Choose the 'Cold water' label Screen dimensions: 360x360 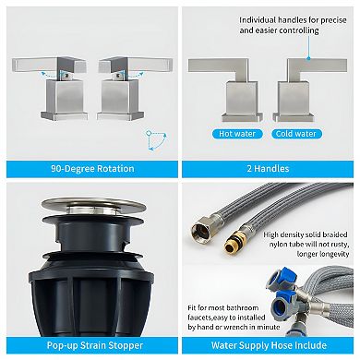click(294, 134)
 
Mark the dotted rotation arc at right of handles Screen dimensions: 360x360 click(153, 139)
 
